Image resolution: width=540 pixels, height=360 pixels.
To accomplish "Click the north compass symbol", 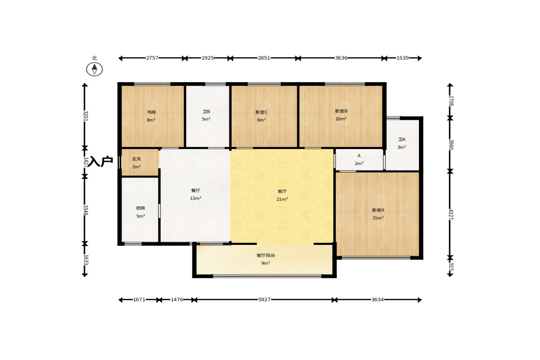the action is pos(95,69).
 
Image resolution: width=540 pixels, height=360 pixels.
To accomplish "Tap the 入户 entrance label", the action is pos(100,161).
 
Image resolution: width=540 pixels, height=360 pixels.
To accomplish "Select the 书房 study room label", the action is pos(151,112).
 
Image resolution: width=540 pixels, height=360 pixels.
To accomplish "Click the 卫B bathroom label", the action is pos(206,111).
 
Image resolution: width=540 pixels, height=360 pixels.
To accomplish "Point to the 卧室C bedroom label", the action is pos(262,112).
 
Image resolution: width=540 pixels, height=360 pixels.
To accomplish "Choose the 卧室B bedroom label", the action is pos(341,111).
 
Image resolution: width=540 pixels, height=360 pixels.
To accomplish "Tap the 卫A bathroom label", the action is pos(401,139).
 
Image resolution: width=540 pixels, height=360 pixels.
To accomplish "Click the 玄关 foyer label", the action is pos(136,159).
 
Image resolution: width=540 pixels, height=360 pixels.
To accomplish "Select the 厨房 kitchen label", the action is pos(140,208).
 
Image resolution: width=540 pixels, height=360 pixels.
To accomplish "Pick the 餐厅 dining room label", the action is pos(195,190).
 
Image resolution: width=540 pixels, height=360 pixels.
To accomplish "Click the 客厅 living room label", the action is pos(282,191).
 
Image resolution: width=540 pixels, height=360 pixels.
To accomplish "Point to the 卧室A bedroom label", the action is pos(378,210).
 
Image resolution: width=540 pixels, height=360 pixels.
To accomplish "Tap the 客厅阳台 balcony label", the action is pos(266,255).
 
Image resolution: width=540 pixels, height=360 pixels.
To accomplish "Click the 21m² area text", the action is pos(282,199).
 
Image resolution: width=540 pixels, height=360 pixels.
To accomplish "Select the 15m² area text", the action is pos(378,218).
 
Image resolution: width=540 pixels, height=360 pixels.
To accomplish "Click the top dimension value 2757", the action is pos(152,58).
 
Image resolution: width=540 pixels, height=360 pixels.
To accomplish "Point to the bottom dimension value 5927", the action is pos(264,299).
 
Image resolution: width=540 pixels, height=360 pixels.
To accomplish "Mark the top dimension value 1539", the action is pos(402,58).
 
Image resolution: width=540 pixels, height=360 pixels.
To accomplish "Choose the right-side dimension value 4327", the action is pos(451,214).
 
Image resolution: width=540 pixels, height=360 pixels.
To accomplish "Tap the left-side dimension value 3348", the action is pos(85,210).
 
